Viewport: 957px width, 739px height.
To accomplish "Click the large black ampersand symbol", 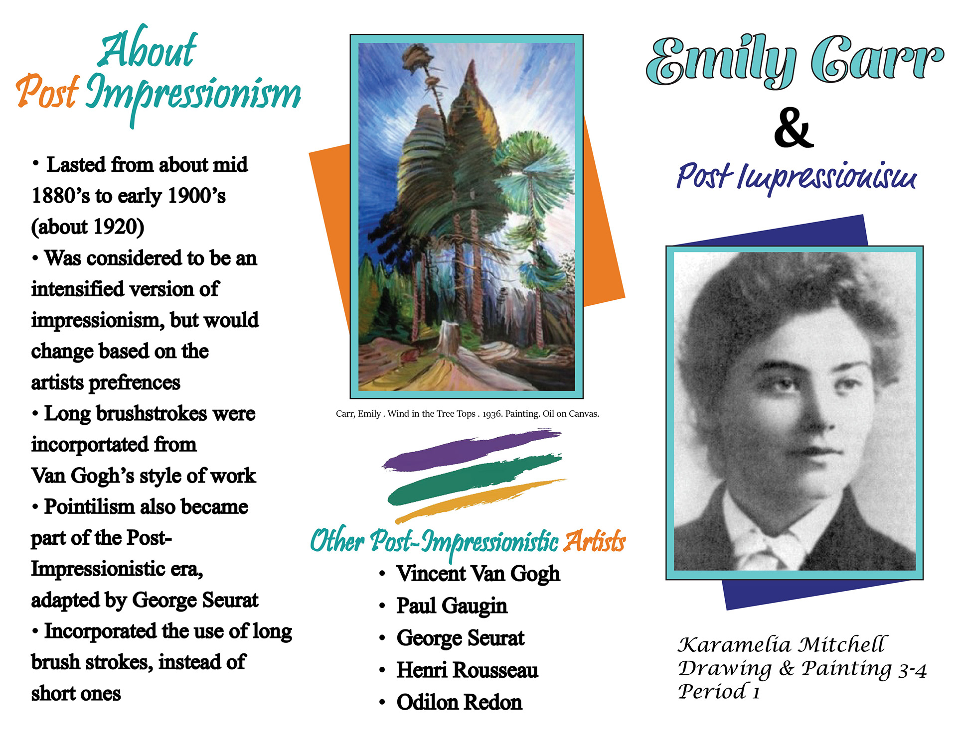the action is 794,128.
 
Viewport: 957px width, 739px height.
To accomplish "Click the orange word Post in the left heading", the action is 47,92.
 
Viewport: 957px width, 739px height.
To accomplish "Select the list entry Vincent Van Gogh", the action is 478,574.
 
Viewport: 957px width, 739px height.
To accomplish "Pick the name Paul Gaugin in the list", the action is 452,606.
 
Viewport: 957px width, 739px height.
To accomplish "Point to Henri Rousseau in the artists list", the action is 468,670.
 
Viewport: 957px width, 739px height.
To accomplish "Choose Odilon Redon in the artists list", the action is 460,703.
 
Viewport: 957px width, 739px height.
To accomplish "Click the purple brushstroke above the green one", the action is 471,450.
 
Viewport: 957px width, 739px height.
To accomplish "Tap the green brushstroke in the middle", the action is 475,479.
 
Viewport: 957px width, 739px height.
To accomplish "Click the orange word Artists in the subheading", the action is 594,541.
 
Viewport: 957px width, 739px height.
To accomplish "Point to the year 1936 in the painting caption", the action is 492,414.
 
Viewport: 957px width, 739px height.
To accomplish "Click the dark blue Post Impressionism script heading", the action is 797,177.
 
